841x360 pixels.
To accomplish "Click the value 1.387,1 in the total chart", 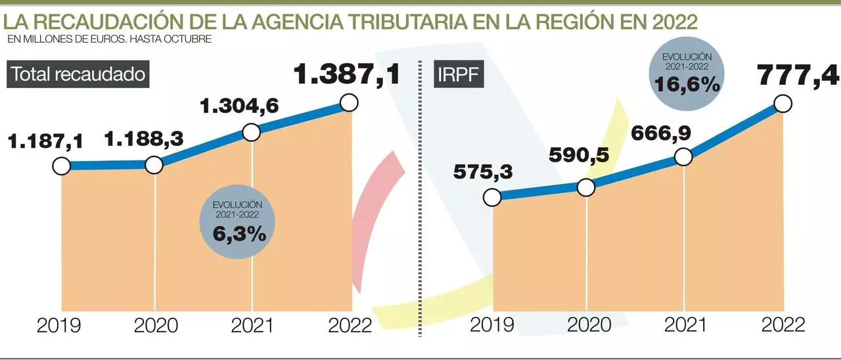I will click(346, 74).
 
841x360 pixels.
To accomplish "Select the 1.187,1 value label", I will click(45, 141).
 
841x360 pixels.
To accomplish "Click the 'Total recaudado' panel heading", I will click(78, 74).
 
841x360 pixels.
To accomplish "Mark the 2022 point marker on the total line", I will click(350, 102).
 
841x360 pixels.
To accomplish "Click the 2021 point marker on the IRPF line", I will click(683, 157).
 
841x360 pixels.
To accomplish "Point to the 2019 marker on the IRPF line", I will click(491, 197).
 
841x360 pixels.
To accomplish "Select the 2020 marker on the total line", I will click(154, 165).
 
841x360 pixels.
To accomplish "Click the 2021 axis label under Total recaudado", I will click(253, 325).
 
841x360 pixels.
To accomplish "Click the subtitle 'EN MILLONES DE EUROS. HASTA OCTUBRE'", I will click(110, 39).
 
